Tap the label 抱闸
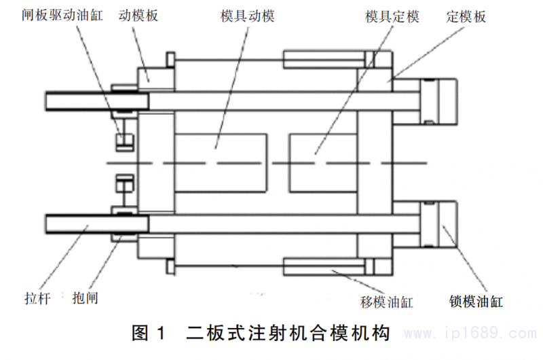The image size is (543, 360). (85, 298)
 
